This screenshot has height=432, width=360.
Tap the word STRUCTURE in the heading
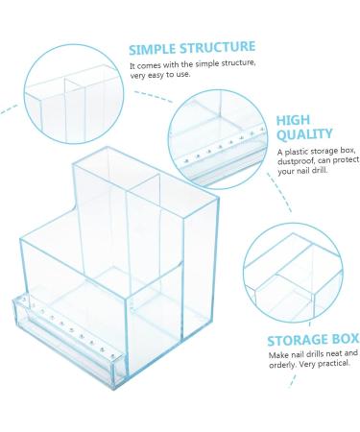222,47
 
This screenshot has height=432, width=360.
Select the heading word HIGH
294,121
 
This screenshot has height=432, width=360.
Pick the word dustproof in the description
297,161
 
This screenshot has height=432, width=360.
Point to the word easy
151,74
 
